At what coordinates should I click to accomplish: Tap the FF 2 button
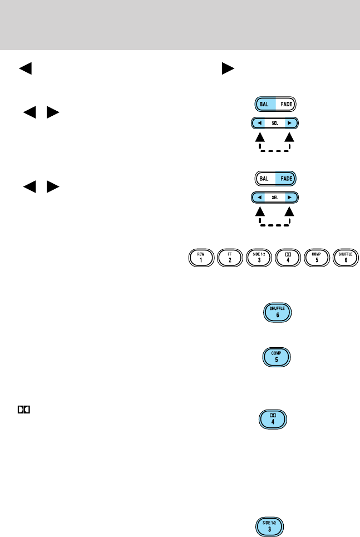click(x=231, y=259)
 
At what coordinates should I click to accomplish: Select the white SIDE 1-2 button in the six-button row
click(x=260, y=259)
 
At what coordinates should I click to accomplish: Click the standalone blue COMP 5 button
click(x=275, y=356)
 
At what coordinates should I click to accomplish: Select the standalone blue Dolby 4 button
click(x=275, y=418)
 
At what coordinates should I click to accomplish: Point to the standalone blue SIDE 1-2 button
click(x=271, y=526)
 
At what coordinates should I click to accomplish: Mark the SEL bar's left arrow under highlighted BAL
click(x=260, y=123)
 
